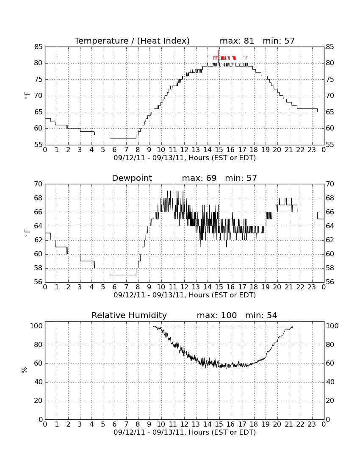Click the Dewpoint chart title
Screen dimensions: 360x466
click(x=132, y=178)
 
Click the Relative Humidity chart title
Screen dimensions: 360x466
click(x=129, y=315)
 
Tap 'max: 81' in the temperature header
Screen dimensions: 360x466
click(x=237, y=41)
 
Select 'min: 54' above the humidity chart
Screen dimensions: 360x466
click(x=261, y=315)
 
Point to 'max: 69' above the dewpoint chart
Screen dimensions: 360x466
click(x=199, y=178)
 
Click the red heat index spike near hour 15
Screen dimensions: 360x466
click(x=219, y=55)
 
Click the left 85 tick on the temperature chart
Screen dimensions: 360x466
click(x=39, y=47)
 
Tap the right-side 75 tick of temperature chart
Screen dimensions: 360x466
click(x=330, y=79)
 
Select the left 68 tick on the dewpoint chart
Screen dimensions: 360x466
click(x=39, y=198)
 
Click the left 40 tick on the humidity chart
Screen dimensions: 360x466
click(x=39, y=382)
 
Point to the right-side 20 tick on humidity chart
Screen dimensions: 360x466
click(x=330, y=401)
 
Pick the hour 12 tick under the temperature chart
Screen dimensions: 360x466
click(x=184, y=150)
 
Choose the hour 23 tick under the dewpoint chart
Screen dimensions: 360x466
click(x=312, y=287)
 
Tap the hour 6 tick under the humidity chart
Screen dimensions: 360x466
click(x=114, y=424)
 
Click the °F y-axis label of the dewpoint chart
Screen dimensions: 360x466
click(x=27, y=233)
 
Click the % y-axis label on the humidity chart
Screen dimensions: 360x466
click(x=25, y=370)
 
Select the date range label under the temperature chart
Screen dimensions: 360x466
click(x=185, y=158)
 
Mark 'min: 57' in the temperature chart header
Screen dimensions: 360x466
click(x=279, y=41)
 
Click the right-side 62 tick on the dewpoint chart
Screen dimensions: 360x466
click(x=330, y=240)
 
